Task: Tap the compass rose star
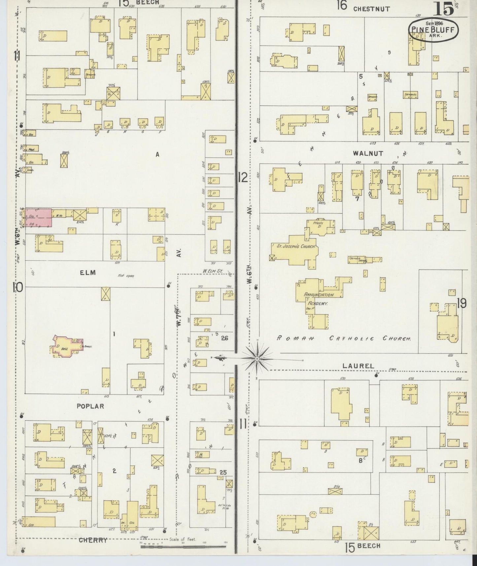(x=257, y=358)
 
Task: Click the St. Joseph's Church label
(x=293, y=246)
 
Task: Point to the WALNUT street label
(x=368, y=153)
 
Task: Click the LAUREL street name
(x=358, y=366)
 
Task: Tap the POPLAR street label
(x=90, y=406)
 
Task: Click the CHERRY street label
(x=93, y=540)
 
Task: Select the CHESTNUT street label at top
(x=371, y=9)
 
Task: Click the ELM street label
(x=87, y=272)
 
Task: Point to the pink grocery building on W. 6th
(x=39, y=217)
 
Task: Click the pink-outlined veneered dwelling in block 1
(x=66, y=346)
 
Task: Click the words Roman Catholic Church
(x=343, y=338)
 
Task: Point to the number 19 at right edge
(x=461, y=303)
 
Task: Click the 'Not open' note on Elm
(x=126, y=275)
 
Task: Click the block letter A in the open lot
(x=157, y=154)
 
